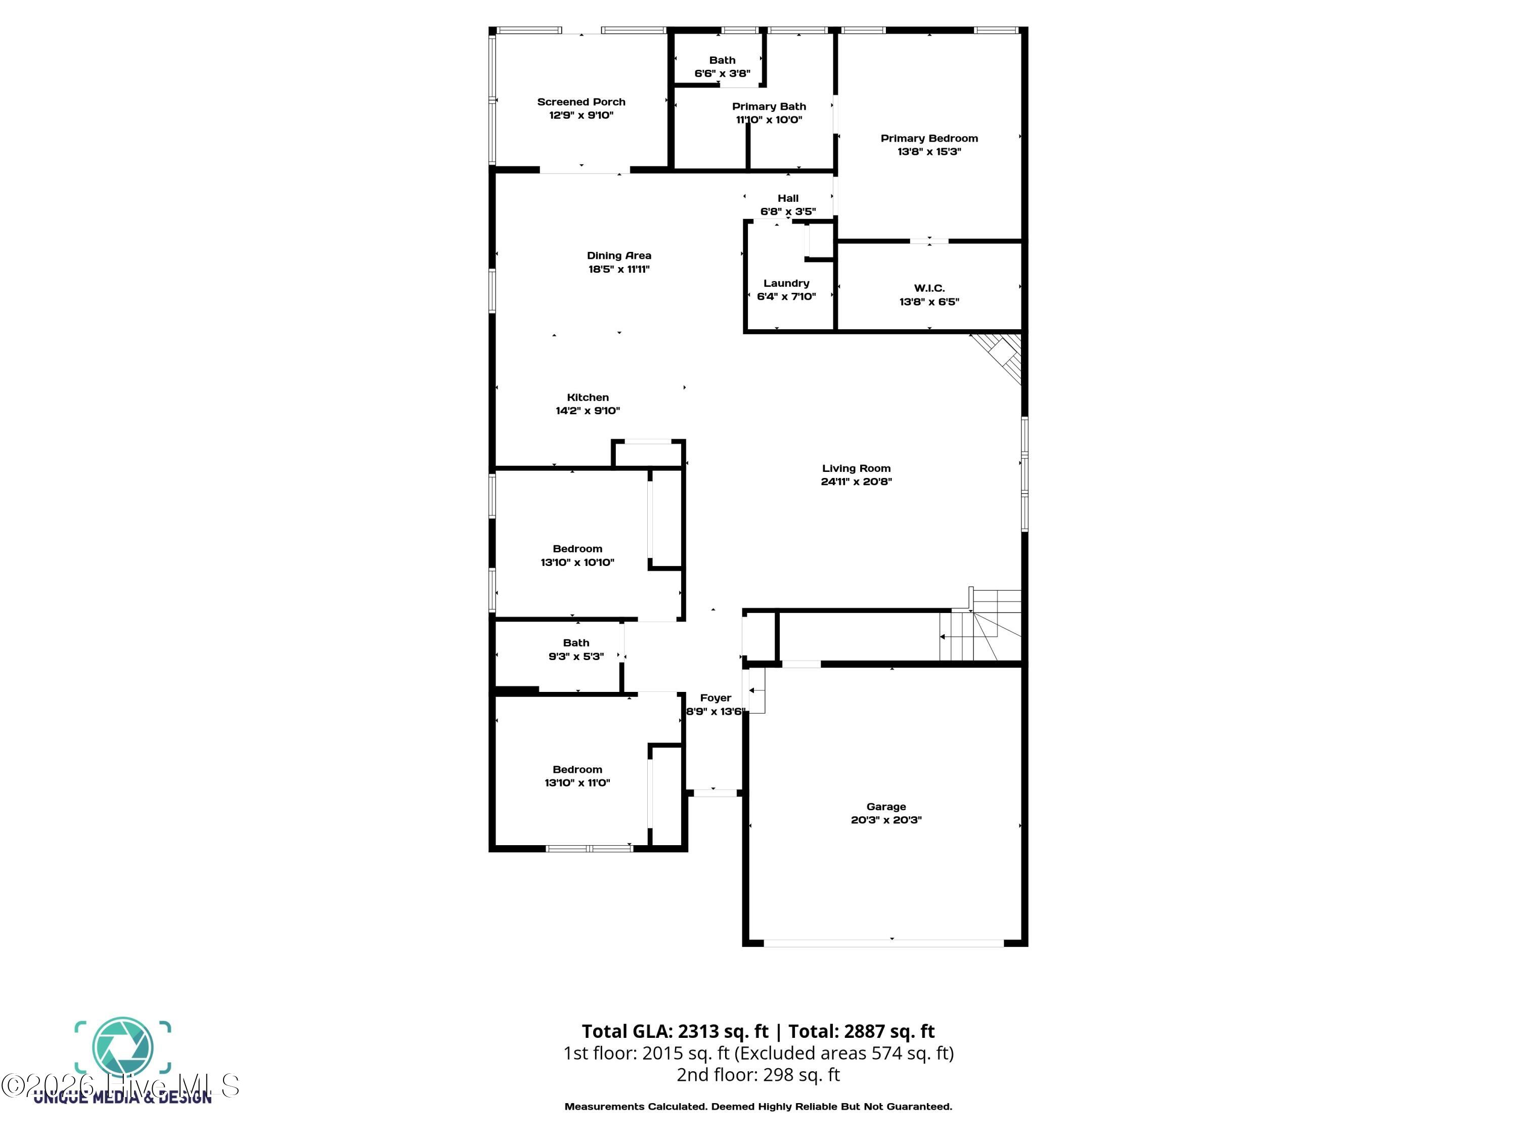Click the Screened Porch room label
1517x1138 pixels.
click(x=581, y=102)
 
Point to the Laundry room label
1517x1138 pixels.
click(x=786, y=283)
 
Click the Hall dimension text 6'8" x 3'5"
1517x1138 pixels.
click(x=787, y=211)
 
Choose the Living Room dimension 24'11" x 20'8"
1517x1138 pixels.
click(x=856, y=482)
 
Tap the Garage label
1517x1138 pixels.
click(x=885, y=807)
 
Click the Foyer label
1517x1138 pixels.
click(x=716, y=697)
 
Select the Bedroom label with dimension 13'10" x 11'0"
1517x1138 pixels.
click(x=577, y=770)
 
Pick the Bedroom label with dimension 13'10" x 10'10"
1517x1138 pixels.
click(x=577, y=549)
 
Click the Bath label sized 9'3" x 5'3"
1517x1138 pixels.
click(x=575, y=643)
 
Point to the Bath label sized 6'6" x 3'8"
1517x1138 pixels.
click(x=722, y=60)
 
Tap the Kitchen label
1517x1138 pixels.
click(x=587, y=397)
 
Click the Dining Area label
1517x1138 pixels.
click(x=618, y=255)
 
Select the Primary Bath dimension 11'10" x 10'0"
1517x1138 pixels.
click(x=769, y=119)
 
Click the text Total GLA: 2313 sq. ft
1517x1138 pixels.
click(x=675, y=1031)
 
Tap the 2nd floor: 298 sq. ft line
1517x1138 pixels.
click(x=758, y=1074)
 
